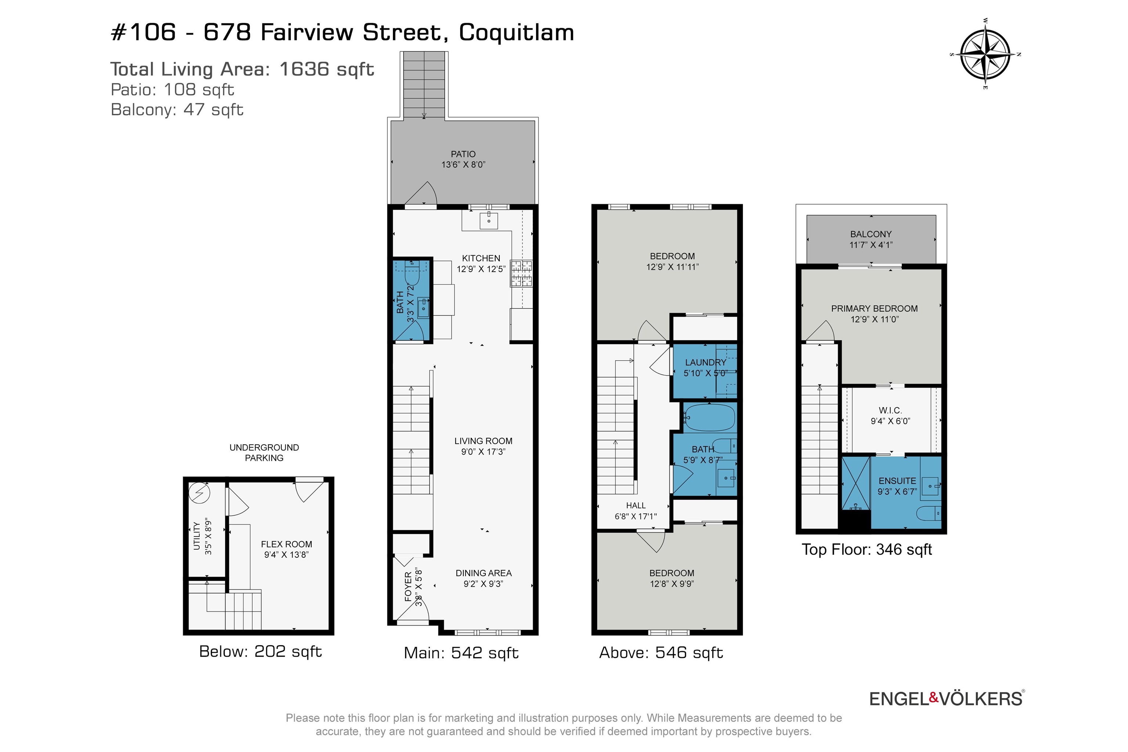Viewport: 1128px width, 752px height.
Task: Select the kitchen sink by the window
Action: point(489,221)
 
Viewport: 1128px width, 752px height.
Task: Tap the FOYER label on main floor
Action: point(408,586)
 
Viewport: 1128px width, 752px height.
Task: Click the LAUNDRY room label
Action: point(705,362)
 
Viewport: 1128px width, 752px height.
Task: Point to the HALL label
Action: point(636,505)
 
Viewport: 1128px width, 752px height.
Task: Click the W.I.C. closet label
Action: point(890,410)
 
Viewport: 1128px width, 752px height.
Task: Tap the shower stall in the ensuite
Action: point(856,483)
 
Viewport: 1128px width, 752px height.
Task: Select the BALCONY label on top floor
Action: point(871,234)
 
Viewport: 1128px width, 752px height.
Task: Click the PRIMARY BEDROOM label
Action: point(874,308)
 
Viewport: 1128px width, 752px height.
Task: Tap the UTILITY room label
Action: point(197,536)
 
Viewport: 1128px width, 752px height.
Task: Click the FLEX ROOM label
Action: point(286,544)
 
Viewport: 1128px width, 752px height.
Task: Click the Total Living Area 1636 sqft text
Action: point(242,69)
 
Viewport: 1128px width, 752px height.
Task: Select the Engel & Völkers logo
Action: point(946,698)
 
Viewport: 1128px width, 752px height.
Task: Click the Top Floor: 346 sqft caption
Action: point(866,549)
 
